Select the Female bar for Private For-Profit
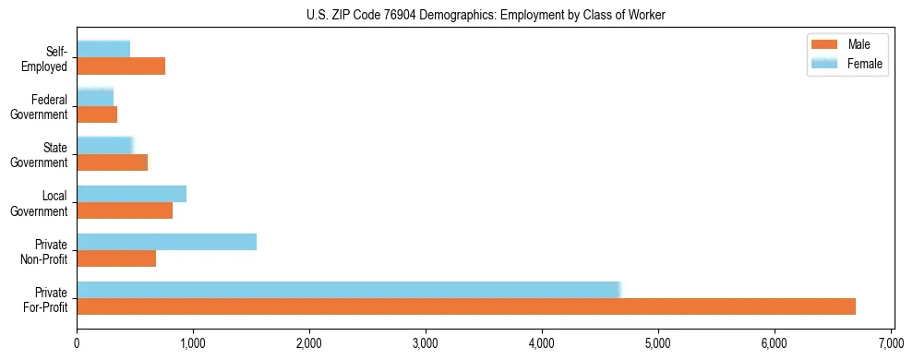349,290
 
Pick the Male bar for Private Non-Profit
116,258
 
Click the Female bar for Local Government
131,194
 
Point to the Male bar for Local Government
125,210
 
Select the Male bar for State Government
112,162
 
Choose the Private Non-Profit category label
45,250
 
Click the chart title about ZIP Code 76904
485,15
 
